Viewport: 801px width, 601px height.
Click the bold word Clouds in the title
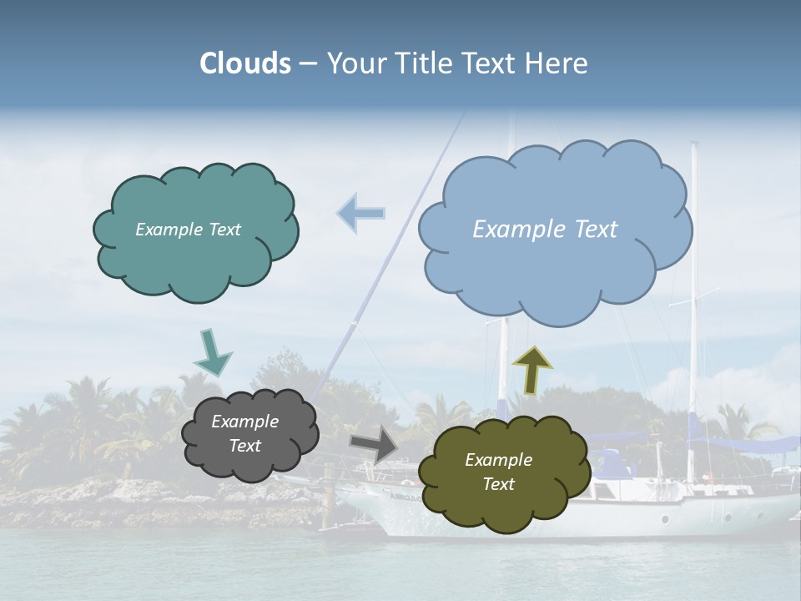tap(245, 63)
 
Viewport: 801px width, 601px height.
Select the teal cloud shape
tap(196, 259)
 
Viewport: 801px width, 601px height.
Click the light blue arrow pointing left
tap(360, 213)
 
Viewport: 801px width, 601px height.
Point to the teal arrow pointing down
tap(213, 352)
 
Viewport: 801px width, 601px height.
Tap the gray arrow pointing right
tap(374, 443)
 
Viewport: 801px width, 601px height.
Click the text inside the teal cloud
tap(188, 230)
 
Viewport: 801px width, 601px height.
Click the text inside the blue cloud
tap(545, 230)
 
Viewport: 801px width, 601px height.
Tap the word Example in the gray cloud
tap(244, 422)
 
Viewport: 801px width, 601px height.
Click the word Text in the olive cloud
tap(498, 484)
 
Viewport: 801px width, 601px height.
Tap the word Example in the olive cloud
tap(498, 460)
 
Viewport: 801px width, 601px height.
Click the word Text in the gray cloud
tap(244, 446)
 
